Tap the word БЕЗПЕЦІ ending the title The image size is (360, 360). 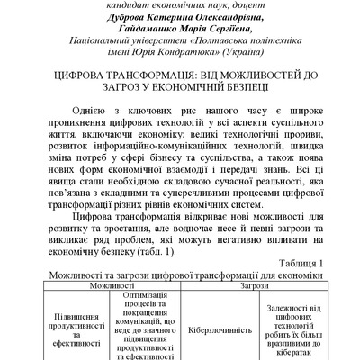(244, 102)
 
